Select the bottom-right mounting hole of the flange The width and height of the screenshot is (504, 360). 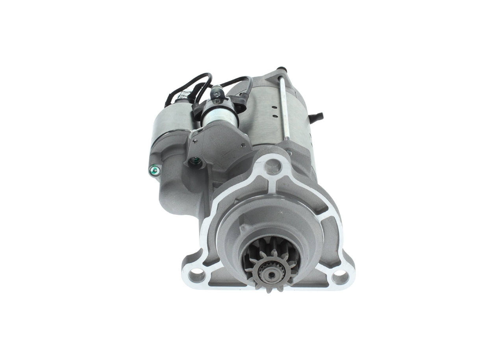[340, 277]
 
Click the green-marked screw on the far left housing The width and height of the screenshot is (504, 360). [154, 170]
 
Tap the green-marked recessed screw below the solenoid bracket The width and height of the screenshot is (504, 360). [194, 161]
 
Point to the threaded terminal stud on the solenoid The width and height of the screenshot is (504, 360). [216, 94]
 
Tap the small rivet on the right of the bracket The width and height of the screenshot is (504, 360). [244, 145]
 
